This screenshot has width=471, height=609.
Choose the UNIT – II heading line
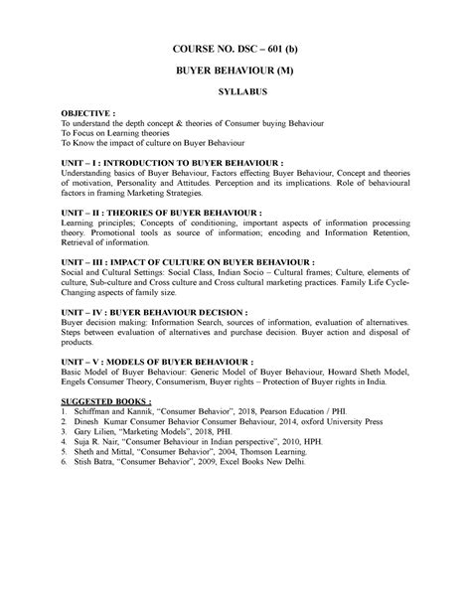click(162, 213)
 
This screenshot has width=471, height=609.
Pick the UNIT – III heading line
click(188, 261)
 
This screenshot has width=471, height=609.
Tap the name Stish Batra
click(105, 462)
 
